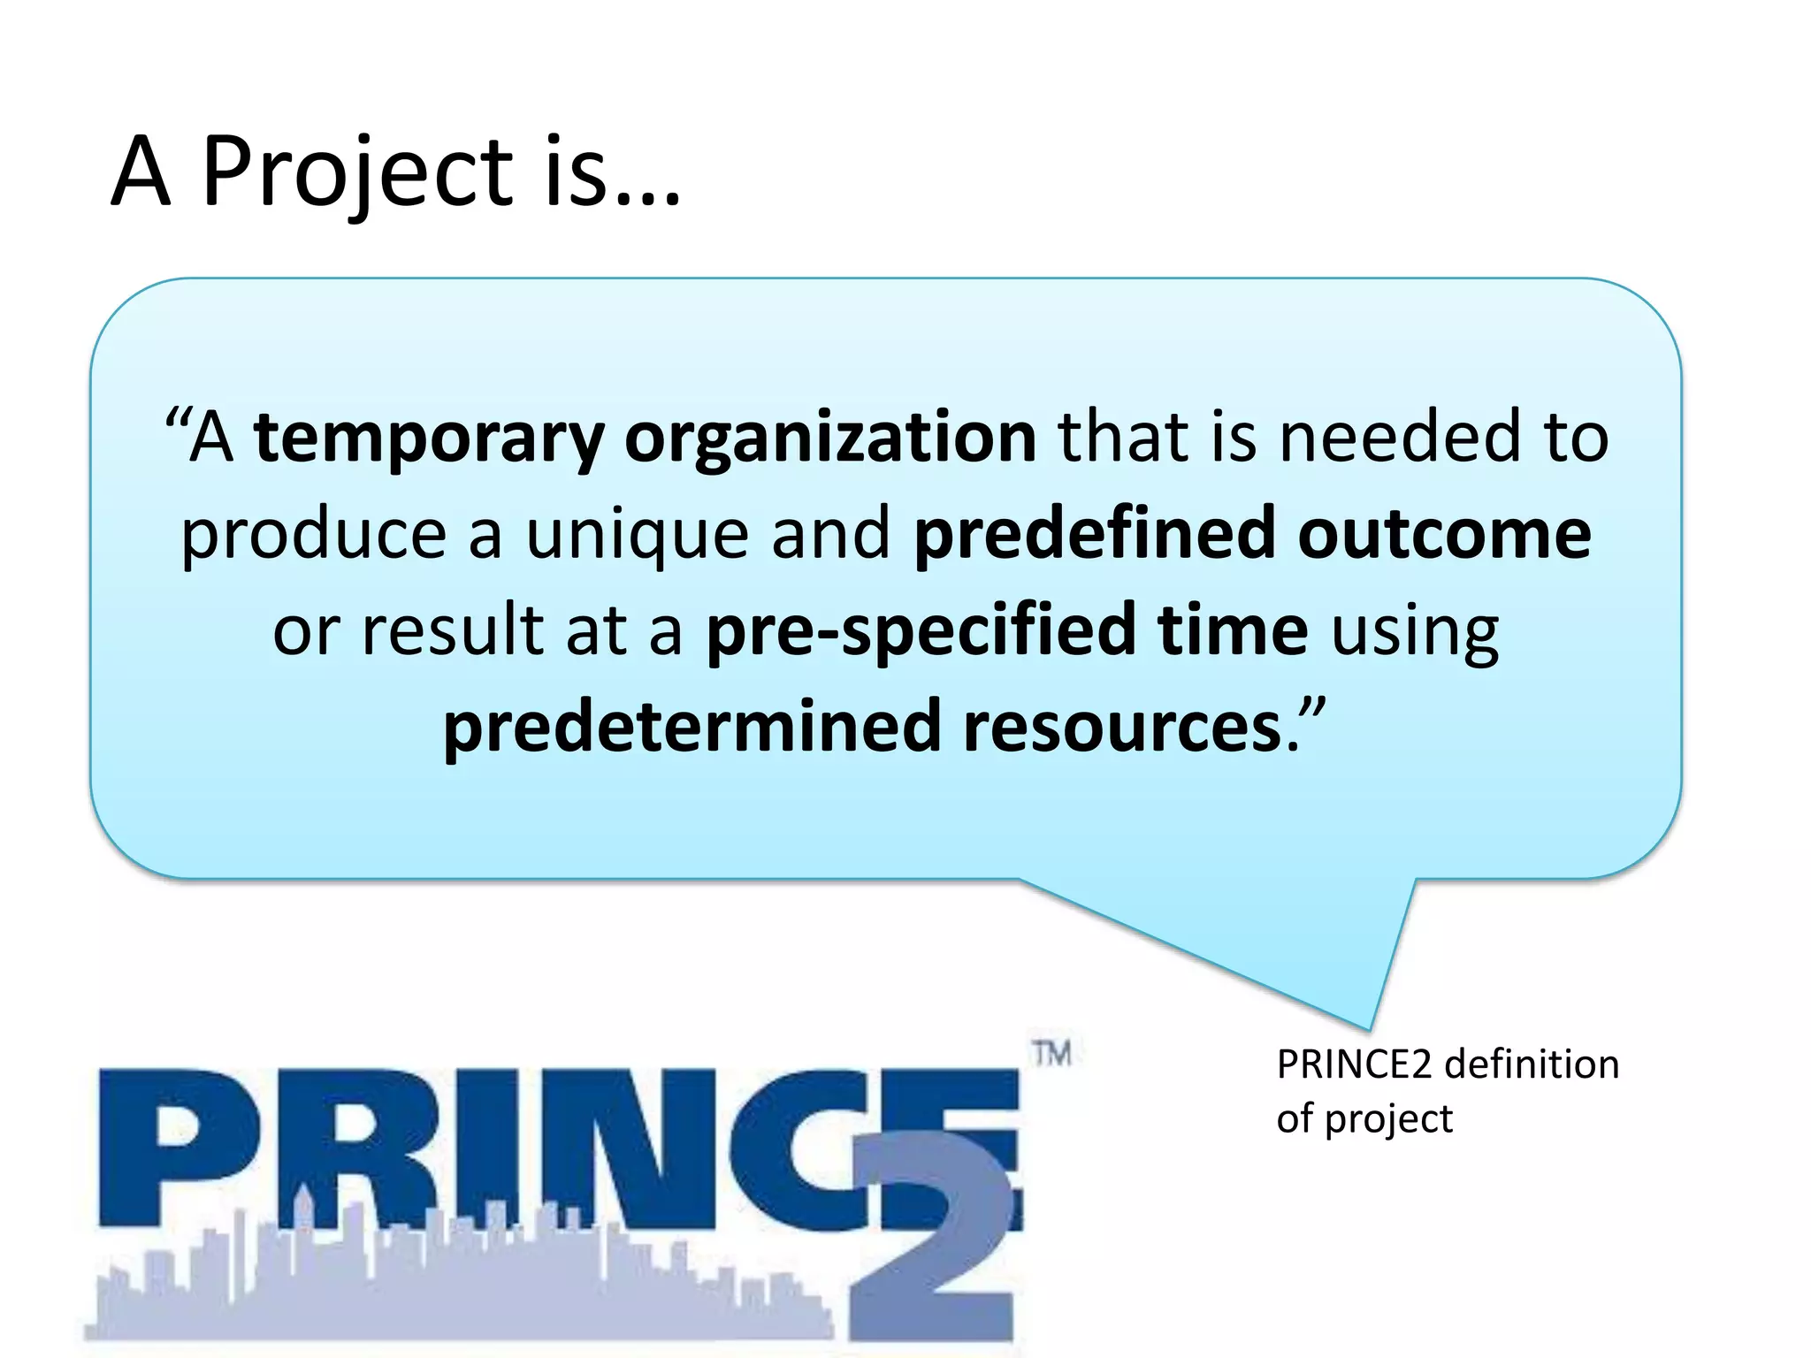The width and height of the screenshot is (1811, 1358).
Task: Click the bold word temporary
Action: click(x=429, y=439)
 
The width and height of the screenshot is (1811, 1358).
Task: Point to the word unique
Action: click(x=638, y=535)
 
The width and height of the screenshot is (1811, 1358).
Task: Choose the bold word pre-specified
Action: click(x=920, y=631)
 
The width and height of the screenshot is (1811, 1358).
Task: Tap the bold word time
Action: click(x=1233, y=629)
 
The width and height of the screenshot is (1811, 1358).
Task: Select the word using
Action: click(x=1415, y=633)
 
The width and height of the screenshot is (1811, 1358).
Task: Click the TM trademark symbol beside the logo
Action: click(x=1052, y=1054)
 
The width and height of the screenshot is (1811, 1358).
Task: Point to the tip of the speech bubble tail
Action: click(x=1370, y=1028)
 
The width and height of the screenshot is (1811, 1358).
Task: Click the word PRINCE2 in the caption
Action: click(x=1353, y=1064)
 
